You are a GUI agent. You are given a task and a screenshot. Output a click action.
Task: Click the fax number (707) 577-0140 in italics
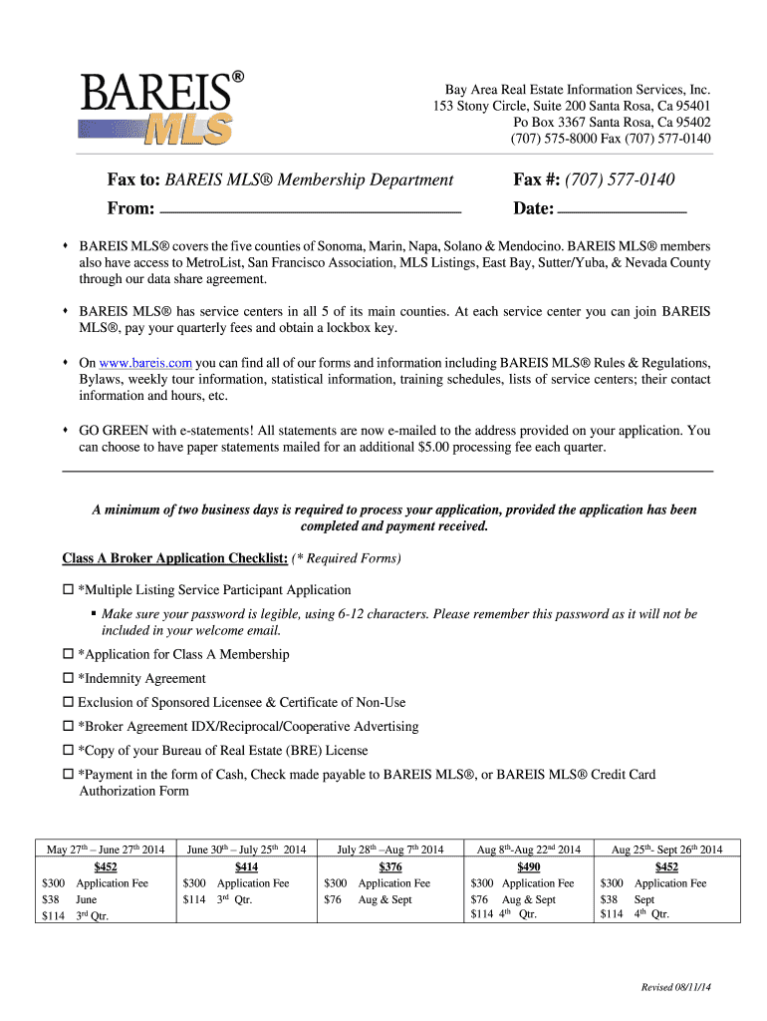620,179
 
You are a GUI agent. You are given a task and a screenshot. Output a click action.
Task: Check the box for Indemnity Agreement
69,678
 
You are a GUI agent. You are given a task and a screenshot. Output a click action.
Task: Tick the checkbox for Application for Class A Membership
69,654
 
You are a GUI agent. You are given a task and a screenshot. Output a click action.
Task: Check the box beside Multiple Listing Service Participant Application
69,590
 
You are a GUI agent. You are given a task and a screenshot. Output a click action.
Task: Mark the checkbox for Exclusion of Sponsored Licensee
69,702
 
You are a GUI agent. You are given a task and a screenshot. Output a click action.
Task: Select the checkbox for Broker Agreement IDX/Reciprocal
69,727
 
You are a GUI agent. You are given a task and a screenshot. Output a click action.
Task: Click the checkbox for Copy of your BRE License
69,751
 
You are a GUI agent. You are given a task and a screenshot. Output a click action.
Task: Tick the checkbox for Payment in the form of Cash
69,775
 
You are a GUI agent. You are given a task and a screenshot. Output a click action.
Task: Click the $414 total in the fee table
246,866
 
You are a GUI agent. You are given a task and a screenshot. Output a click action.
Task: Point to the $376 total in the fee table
390,866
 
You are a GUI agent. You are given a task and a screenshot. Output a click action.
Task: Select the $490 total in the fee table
528,866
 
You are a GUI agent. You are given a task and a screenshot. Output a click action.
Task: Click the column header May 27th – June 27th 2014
106,850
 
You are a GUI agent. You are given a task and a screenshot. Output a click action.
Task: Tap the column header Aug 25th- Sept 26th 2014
667,850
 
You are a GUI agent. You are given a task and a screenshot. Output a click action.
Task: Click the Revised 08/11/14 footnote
676,987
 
